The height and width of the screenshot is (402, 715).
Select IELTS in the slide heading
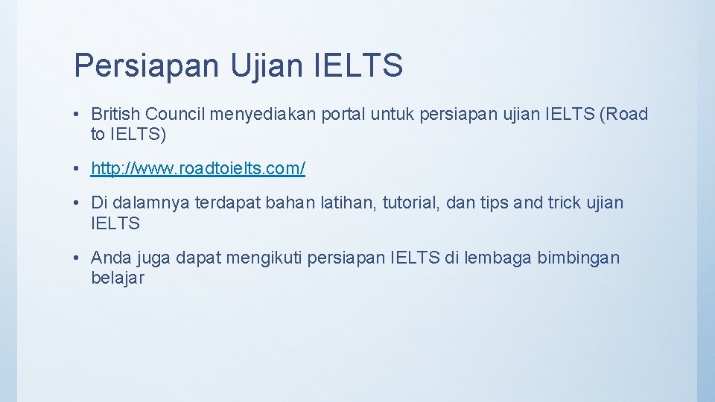(360, 66)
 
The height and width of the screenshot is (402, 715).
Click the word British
(116, 114)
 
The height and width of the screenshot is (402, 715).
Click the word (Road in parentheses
(623, 114)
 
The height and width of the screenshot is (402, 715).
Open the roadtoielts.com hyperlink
(198, 169)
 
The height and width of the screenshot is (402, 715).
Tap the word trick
(571, 202)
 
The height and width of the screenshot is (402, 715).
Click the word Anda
(109, 258)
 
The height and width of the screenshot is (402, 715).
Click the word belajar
(117, 278)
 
